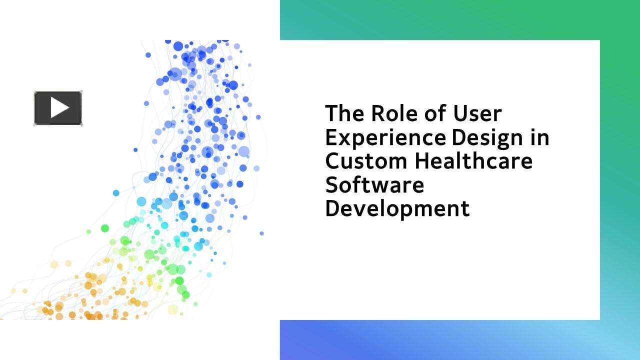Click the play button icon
point(58,108)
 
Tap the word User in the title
point(477,113)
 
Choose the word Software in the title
point(374,185)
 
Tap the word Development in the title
point(397,208)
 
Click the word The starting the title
point(344,113)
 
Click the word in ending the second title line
point(540,137)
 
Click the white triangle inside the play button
point(59,108)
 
